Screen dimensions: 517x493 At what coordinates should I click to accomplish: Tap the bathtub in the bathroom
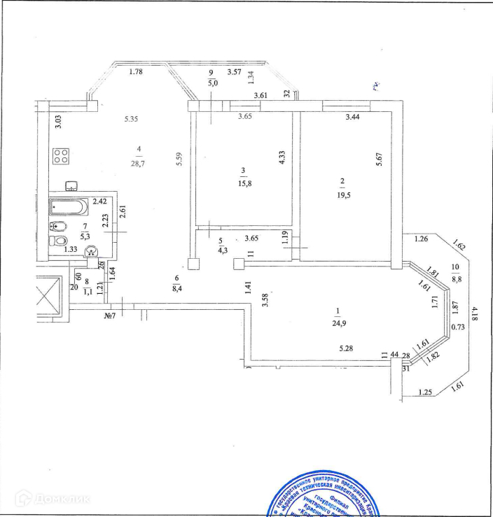(69, 207)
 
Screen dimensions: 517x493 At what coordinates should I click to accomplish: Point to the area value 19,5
(342, 195)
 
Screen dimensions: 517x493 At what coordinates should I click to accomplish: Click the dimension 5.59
(180, 160)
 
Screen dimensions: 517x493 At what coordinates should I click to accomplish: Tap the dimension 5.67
(379, 159)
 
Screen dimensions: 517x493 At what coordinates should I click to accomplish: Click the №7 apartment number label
(109, 316)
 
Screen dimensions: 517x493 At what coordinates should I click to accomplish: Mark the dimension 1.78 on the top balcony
(136, 71)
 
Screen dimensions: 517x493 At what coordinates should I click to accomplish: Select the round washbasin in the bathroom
(90, 253)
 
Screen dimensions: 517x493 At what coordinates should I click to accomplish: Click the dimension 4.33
(282, 158)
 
